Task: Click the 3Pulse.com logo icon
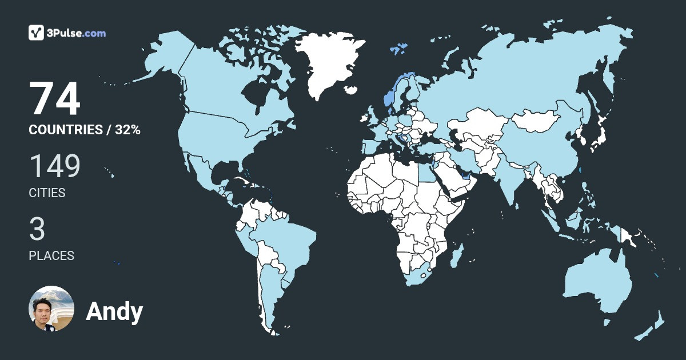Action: (x=37, y=33)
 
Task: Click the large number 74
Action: (x=55, y=99)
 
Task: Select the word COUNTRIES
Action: (x=65, y=130)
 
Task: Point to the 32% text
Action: (x=127, y=130)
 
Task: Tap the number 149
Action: (x=55, y=166)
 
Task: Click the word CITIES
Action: (x=47, y=193)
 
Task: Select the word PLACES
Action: (x=51, y=256)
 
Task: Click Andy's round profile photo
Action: (x=51, y=309)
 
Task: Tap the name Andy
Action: (x=114, y=311)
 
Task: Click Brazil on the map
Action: (x=286, y=240)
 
